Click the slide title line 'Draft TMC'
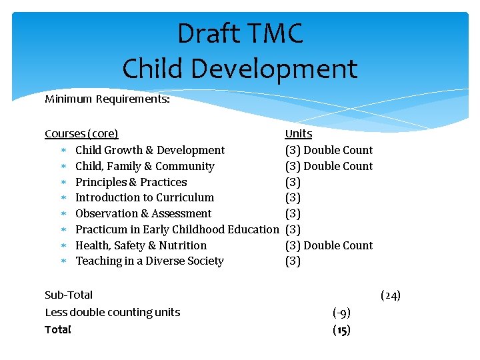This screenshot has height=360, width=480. [240, 34]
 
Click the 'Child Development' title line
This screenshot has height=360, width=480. [240, 69]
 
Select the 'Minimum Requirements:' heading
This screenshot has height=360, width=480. [107, 99]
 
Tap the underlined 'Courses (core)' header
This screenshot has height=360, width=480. [81, 134]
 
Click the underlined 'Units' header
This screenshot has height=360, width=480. [298, 134]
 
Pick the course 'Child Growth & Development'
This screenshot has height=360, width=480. [150, 150]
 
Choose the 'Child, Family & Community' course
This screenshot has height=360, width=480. [145, 166]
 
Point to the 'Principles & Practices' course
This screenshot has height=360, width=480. [131, 182]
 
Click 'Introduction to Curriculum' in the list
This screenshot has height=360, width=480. [145, 197]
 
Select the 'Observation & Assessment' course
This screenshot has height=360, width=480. [143, 213]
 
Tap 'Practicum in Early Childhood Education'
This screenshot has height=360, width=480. [177, 229]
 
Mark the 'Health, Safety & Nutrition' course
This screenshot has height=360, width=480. [141, 245]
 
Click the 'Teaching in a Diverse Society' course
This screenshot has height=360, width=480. [149, 261]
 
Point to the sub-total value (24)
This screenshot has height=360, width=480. [390, 295]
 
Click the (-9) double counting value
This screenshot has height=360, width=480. [341, 312]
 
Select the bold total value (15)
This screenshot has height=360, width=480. [341, 329]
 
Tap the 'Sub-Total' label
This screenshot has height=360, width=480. [69, 295]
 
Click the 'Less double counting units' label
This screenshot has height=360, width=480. [112, 312]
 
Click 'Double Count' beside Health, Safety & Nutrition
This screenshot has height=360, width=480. [338, 245]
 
